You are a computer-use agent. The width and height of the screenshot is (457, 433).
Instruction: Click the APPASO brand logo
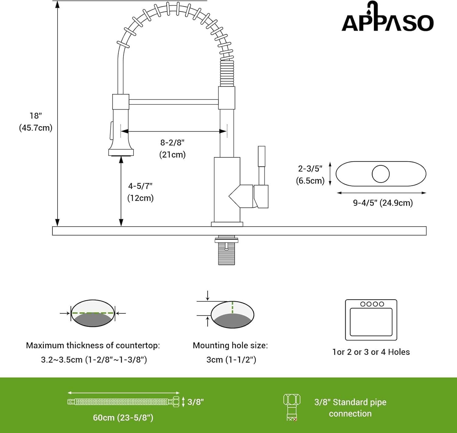pyautogui.click(x=388, y=16)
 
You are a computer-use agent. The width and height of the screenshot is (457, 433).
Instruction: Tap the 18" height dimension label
pyautogui.click(x=36, y=115)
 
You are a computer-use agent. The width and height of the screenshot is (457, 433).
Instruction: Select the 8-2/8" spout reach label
pyautogui.click(x=172, y=143)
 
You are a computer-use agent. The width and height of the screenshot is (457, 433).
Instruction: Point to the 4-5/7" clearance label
pyautogui.click(x=140, y=186)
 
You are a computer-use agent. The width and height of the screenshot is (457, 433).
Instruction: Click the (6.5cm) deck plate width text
pyautogui.click(x=310, y=181)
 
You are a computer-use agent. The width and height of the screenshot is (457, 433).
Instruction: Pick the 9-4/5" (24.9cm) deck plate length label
pyautogui.click(x=383, y=203)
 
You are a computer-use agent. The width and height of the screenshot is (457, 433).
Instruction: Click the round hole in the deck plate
pyautogui.click(x=381, y=174)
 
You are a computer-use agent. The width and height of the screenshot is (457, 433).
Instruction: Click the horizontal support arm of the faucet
pyautogui.click(x=173, y=102)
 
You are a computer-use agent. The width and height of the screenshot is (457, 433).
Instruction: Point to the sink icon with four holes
pyautogui.click(x=371, y=320)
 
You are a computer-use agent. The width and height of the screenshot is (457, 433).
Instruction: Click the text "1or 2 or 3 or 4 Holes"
pyautogui.click(x=371, y=352)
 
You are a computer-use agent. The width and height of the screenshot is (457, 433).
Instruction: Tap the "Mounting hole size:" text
pyautogui.click(x=230, y=345)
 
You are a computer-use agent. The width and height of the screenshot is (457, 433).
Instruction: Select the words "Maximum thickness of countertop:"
pyautogui.click(x=93, y=345)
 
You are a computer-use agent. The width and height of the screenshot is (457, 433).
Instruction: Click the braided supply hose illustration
pyautogui.click(x=123, y=402)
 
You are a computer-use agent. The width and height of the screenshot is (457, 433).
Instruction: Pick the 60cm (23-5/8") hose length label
pyautogui.click(x=123, y=418)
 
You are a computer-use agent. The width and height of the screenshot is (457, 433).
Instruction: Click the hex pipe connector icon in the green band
pyautogui.click(x=292, y=407)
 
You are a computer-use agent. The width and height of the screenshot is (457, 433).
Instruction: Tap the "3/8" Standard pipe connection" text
pyautogui.click(x=350, y=408)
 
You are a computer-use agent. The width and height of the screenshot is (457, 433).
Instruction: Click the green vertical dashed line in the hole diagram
pyautogui.click(x=232, y=307)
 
